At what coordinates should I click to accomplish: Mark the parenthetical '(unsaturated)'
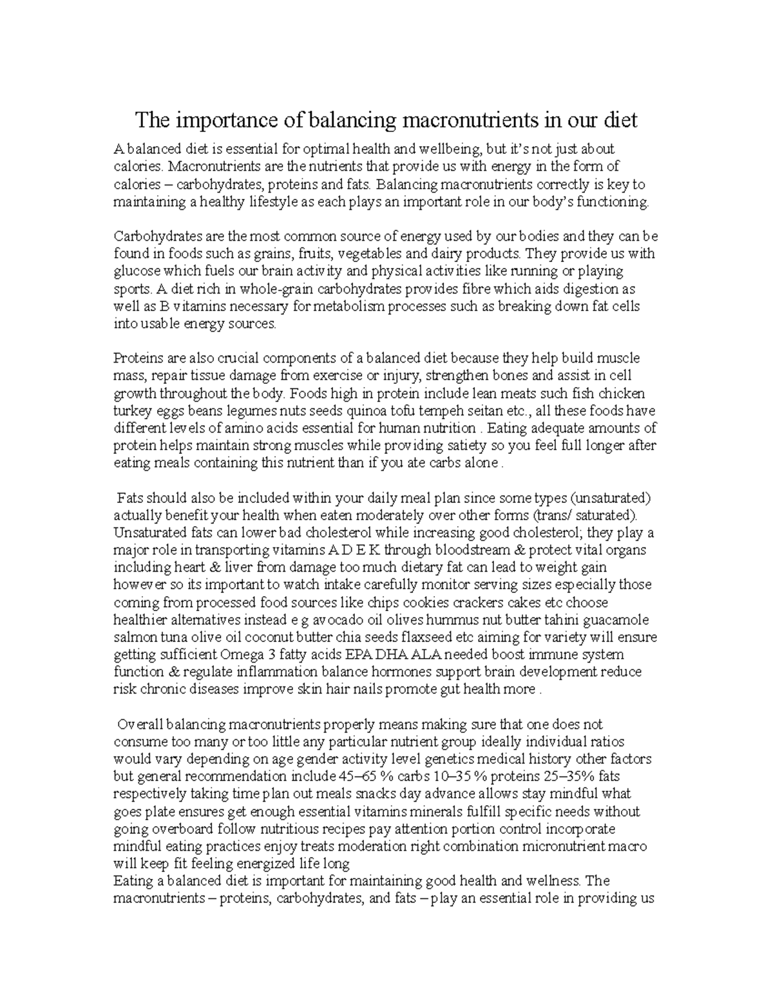612,498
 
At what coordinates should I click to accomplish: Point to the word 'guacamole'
616,620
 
